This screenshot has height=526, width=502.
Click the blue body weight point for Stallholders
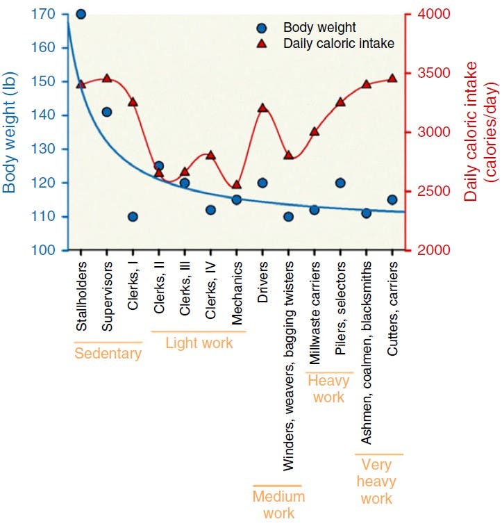tap(81, 14)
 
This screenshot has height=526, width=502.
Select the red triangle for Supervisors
tap(107, 79)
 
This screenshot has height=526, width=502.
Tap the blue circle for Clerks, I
tap(133, 216)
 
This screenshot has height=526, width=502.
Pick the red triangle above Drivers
tap(262, 108)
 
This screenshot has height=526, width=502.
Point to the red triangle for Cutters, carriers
tap(392, 79)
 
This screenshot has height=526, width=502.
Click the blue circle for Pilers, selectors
tap(340, 183)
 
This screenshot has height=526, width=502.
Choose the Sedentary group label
tap(108, 354)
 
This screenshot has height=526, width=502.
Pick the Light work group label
tap(199, 343)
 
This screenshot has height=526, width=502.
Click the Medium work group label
tap(278, 505)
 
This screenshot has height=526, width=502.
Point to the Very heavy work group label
tap(378, 482)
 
